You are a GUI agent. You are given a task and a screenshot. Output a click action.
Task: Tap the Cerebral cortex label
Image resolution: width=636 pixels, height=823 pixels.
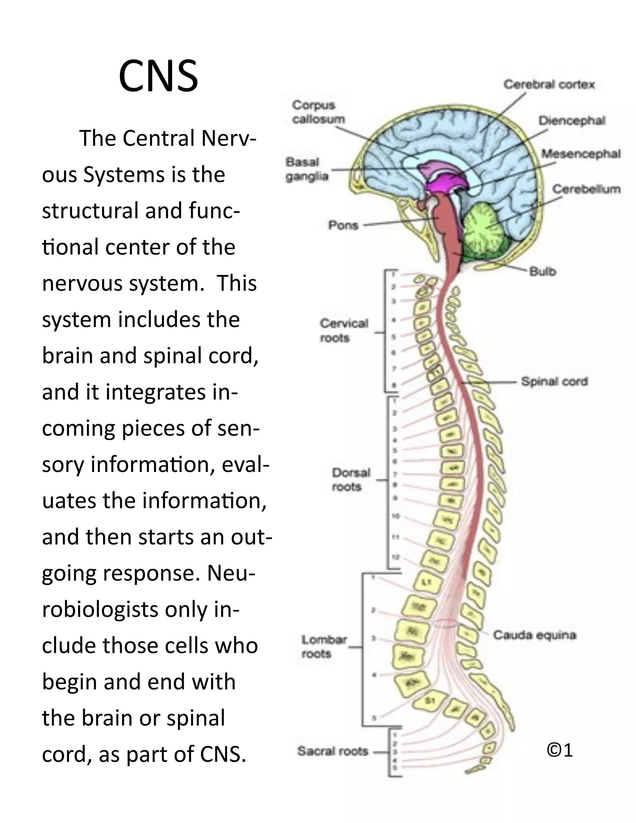[x=549, y=84]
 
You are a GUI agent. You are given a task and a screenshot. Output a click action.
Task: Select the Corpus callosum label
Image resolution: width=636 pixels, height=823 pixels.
[x=318, y=112]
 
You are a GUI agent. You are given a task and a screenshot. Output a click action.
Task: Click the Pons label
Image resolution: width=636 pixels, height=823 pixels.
[x=343, y=225]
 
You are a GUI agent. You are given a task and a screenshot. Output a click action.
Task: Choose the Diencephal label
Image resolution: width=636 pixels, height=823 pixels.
[x=572, y=120]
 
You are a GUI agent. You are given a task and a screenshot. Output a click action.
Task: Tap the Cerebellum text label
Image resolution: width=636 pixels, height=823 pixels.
[x=586, y=189]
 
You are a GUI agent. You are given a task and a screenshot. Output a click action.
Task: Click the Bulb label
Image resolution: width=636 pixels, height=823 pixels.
[x=542, y=271]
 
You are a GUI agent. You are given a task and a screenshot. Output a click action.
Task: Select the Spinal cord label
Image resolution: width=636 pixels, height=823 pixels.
[x=554, y=381]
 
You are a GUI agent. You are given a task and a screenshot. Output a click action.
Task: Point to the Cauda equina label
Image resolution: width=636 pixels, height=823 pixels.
[x=534, y=635]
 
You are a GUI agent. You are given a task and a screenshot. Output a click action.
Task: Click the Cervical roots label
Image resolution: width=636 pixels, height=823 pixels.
[x=344, y=330]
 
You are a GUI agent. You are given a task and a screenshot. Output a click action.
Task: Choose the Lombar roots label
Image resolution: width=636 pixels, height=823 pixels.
[x=324, y=646]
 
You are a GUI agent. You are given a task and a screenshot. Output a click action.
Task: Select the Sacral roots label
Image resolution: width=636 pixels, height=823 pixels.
[x=332, y=751]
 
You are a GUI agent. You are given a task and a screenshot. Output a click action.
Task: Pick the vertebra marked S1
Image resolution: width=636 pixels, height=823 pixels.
[x=430, y=700]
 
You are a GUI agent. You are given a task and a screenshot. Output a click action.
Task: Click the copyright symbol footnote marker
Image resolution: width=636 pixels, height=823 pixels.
[x=560, y=750]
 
